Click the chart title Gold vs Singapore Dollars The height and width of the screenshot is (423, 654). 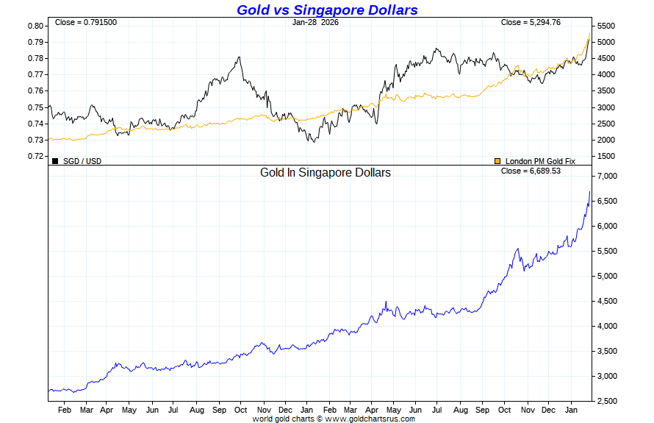pos(327,10)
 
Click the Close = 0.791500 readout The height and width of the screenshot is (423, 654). pos(86,22)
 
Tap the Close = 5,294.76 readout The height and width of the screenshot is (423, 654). pos(531,22)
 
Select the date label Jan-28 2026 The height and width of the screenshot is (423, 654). pos(315,22)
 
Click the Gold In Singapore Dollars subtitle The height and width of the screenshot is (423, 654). pos(326,172)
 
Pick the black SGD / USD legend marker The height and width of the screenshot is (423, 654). pos(55,160)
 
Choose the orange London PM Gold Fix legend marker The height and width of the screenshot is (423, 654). pos(497,160)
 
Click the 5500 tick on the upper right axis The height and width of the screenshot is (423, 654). pos(606,26)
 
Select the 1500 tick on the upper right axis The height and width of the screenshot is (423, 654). pos(606,156)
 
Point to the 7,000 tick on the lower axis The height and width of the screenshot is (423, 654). pos(608,177)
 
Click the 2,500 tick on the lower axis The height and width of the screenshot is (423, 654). pos(608,401)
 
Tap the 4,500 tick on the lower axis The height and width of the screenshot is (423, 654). pos(608,301)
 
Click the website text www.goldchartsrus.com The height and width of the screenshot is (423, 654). pos(370,419)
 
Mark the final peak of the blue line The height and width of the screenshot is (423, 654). pos(589,192)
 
